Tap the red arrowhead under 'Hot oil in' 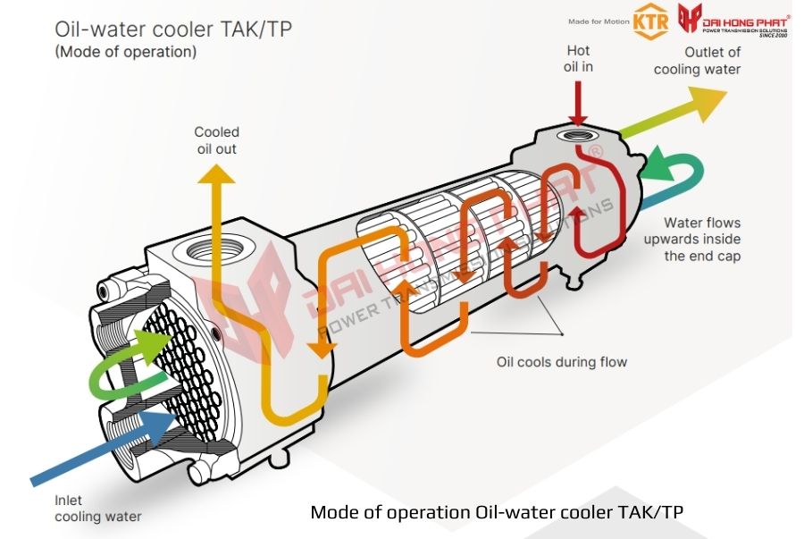(578, 117)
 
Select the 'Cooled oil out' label (216, 140)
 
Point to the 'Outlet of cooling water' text (697, 61)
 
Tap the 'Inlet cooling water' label (97, 509)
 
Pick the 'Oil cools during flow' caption (561, 362)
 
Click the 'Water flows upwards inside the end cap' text (701, 239)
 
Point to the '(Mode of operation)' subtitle (125, 52)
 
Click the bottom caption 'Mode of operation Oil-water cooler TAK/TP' (496, 512)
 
